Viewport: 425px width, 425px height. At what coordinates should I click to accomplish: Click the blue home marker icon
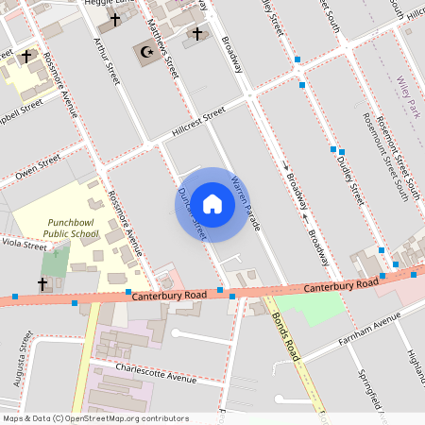pos(212,204)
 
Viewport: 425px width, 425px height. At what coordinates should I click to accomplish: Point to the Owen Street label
pos(38,170)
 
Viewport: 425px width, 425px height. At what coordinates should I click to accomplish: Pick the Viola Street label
pos(24,245)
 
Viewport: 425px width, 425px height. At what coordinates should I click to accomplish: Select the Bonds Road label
pos(285,335)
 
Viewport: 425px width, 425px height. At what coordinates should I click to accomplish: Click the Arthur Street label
pos(104,58)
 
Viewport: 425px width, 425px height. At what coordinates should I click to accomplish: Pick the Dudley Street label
pos(349,180)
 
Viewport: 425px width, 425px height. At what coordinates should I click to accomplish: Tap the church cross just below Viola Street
pos(42,282)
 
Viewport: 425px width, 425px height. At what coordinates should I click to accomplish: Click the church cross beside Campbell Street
pos(28,57)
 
